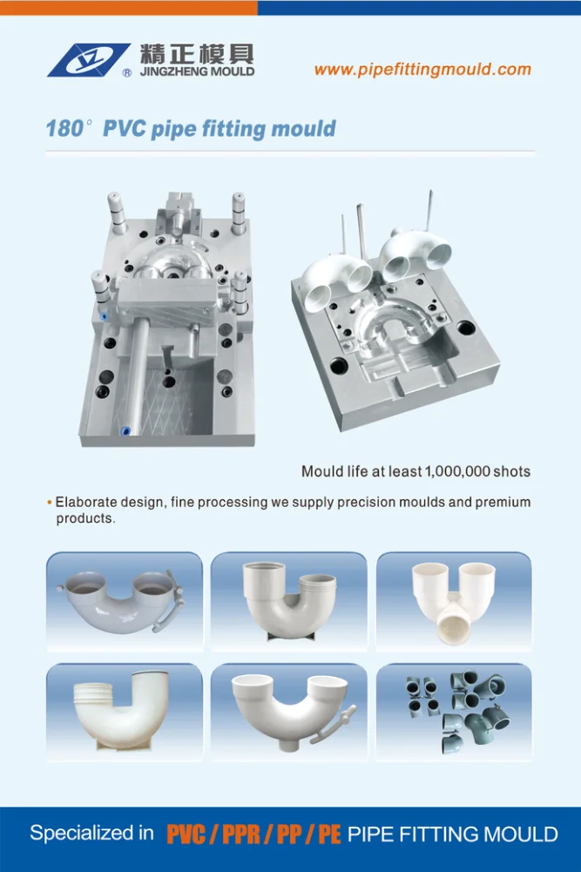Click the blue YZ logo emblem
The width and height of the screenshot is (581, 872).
[x=88, y=59]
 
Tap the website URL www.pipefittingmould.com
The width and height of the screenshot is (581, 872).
[x=422, y=70]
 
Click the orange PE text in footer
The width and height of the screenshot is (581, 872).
[x=328, y=835]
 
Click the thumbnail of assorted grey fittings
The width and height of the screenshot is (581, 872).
[x=453, y=712]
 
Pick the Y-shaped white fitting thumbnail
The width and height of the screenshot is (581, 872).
[x=453, y=601]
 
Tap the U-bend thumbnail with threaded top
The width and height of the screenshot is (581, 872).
[x=123, y=712]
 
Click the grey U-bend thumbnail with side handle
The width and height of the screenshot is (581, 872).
[x=123, y=601]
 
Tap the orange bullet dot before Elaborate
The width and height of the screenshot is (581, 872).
[x=49, y=504]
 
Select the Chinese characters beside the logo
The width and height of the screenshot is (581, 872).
[x=197, y=52]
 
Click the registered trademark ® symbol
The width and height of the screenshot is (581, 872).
[x=128, y=74]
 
